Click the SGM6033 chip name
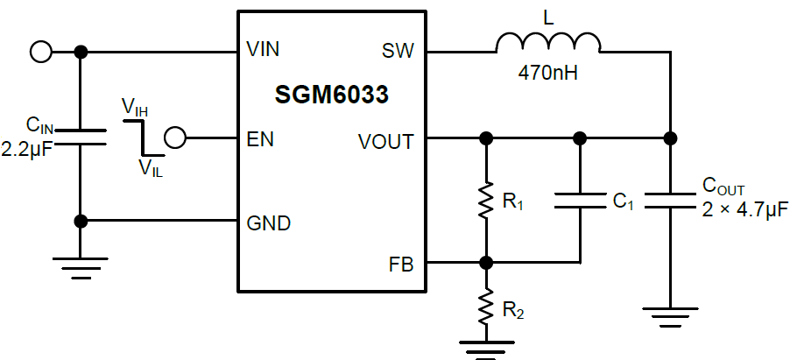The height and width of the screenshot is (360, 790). click(x=332, y=95)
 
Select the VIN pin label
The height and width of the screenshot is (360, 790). click(x=263, y=50)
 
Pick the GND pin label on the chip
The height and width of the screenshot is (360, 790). click(x=268, y=223)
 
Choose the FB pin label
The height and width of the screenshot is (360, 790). click(x=402, y=263)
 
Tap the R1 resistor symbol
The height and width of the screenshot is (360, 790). click(x=486, y=201)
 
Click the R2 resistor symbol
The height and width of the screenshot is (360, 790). click(x=486, y=307)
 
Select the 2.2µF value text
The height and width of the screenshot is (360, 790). click(x=27, y=150)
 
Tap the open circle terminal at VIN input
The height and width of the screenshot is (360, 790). click(x=40, y=52)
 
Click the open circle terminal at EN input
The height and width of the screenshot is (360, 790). click(x=175, y=138)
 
